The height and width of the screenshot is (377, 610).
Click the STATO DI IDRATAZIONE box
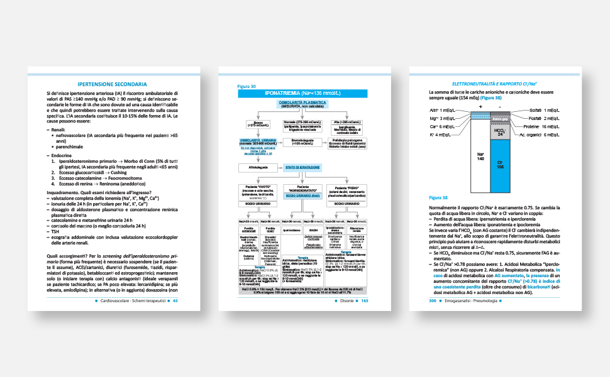pyautogui.click(x=302, y=167)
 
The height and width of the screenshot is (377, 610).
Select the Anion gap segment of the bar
pyautogui.click(x=501, y=118)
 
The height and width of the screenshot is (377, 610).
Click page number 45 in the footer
pyautogui.click(x=176, y=300)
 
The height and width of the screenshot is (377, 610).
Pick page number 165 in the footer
pyautogui.click(x=364, y=300)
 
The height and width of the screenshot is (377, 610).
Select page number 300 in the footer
pyautogui.click(x=433, y=300)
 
